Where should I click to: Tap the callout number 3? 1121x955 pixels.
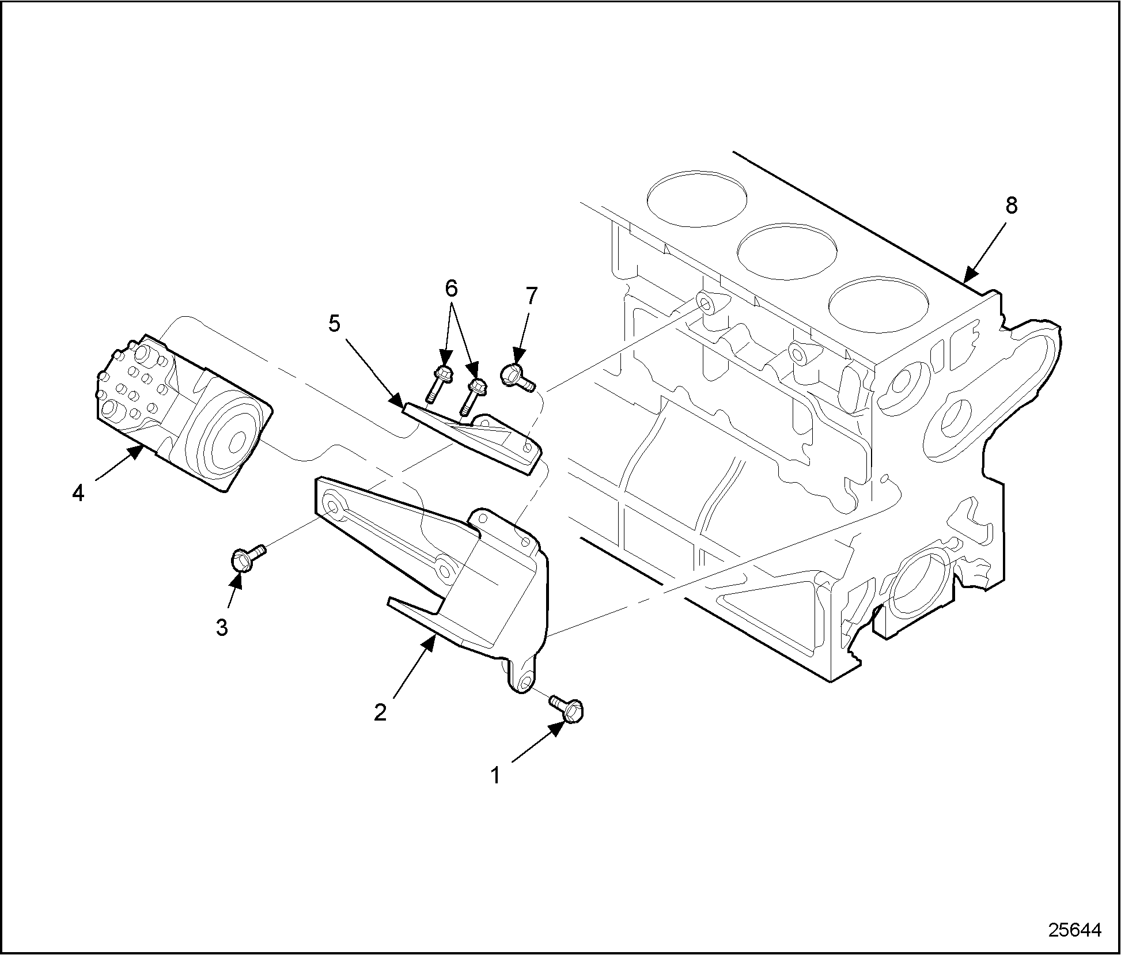tap(222, 627)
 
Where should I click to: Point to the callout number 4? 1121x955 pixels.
tap(78, 493)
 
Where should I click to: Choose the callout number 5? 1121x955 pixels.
tap(335, 324)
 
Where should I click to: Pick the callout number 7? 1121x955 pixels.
tap(531, 296)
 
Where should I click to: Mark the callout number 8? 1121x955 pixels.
tap(1012, 206)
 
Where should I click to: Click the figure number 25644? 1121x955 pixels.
tap(1074, 931)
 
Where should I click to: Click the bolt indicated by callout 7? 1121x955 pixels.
tap(516, 376)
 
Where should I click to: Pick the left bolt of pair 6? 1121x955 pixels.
tap(439, 382)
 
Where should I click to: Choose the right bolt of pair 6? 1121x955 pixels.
tap(472, 395)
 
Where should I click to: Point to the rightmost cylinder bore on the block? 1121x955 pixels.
tap(879, 305)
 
